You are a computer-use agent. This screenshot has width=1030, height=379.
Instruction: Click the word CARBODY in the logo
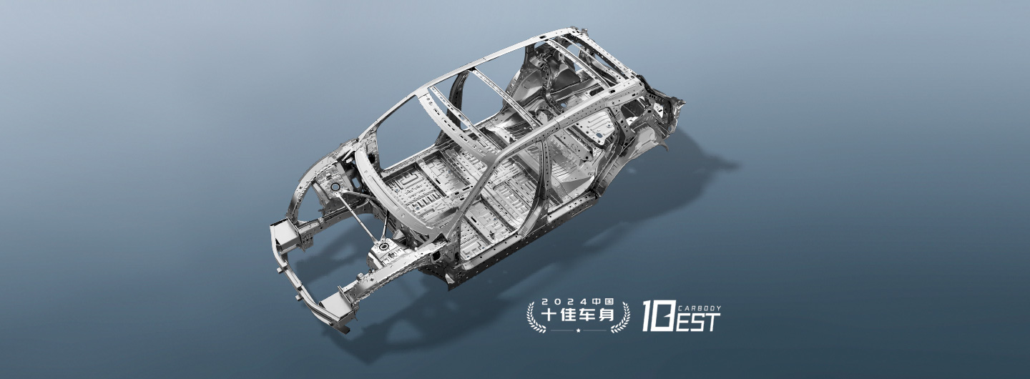[700, 308]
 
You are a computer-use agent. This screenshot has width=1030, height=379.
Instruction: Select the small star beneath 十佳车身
[578, 330]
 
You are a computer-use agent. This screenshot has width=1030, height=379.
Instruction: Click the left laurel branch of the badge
[536, 318]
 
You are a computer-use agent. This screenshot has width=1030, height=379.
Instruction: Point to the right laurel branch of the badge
[620, 318]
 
